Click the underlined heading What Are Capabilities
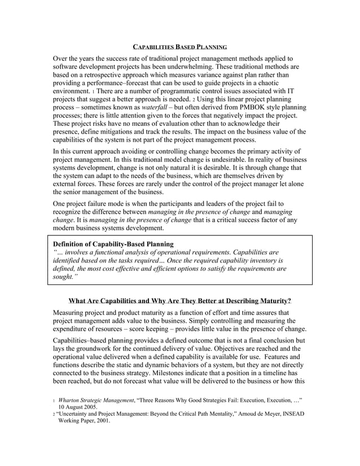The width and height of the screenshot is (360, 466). click(x=179, y=300)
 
